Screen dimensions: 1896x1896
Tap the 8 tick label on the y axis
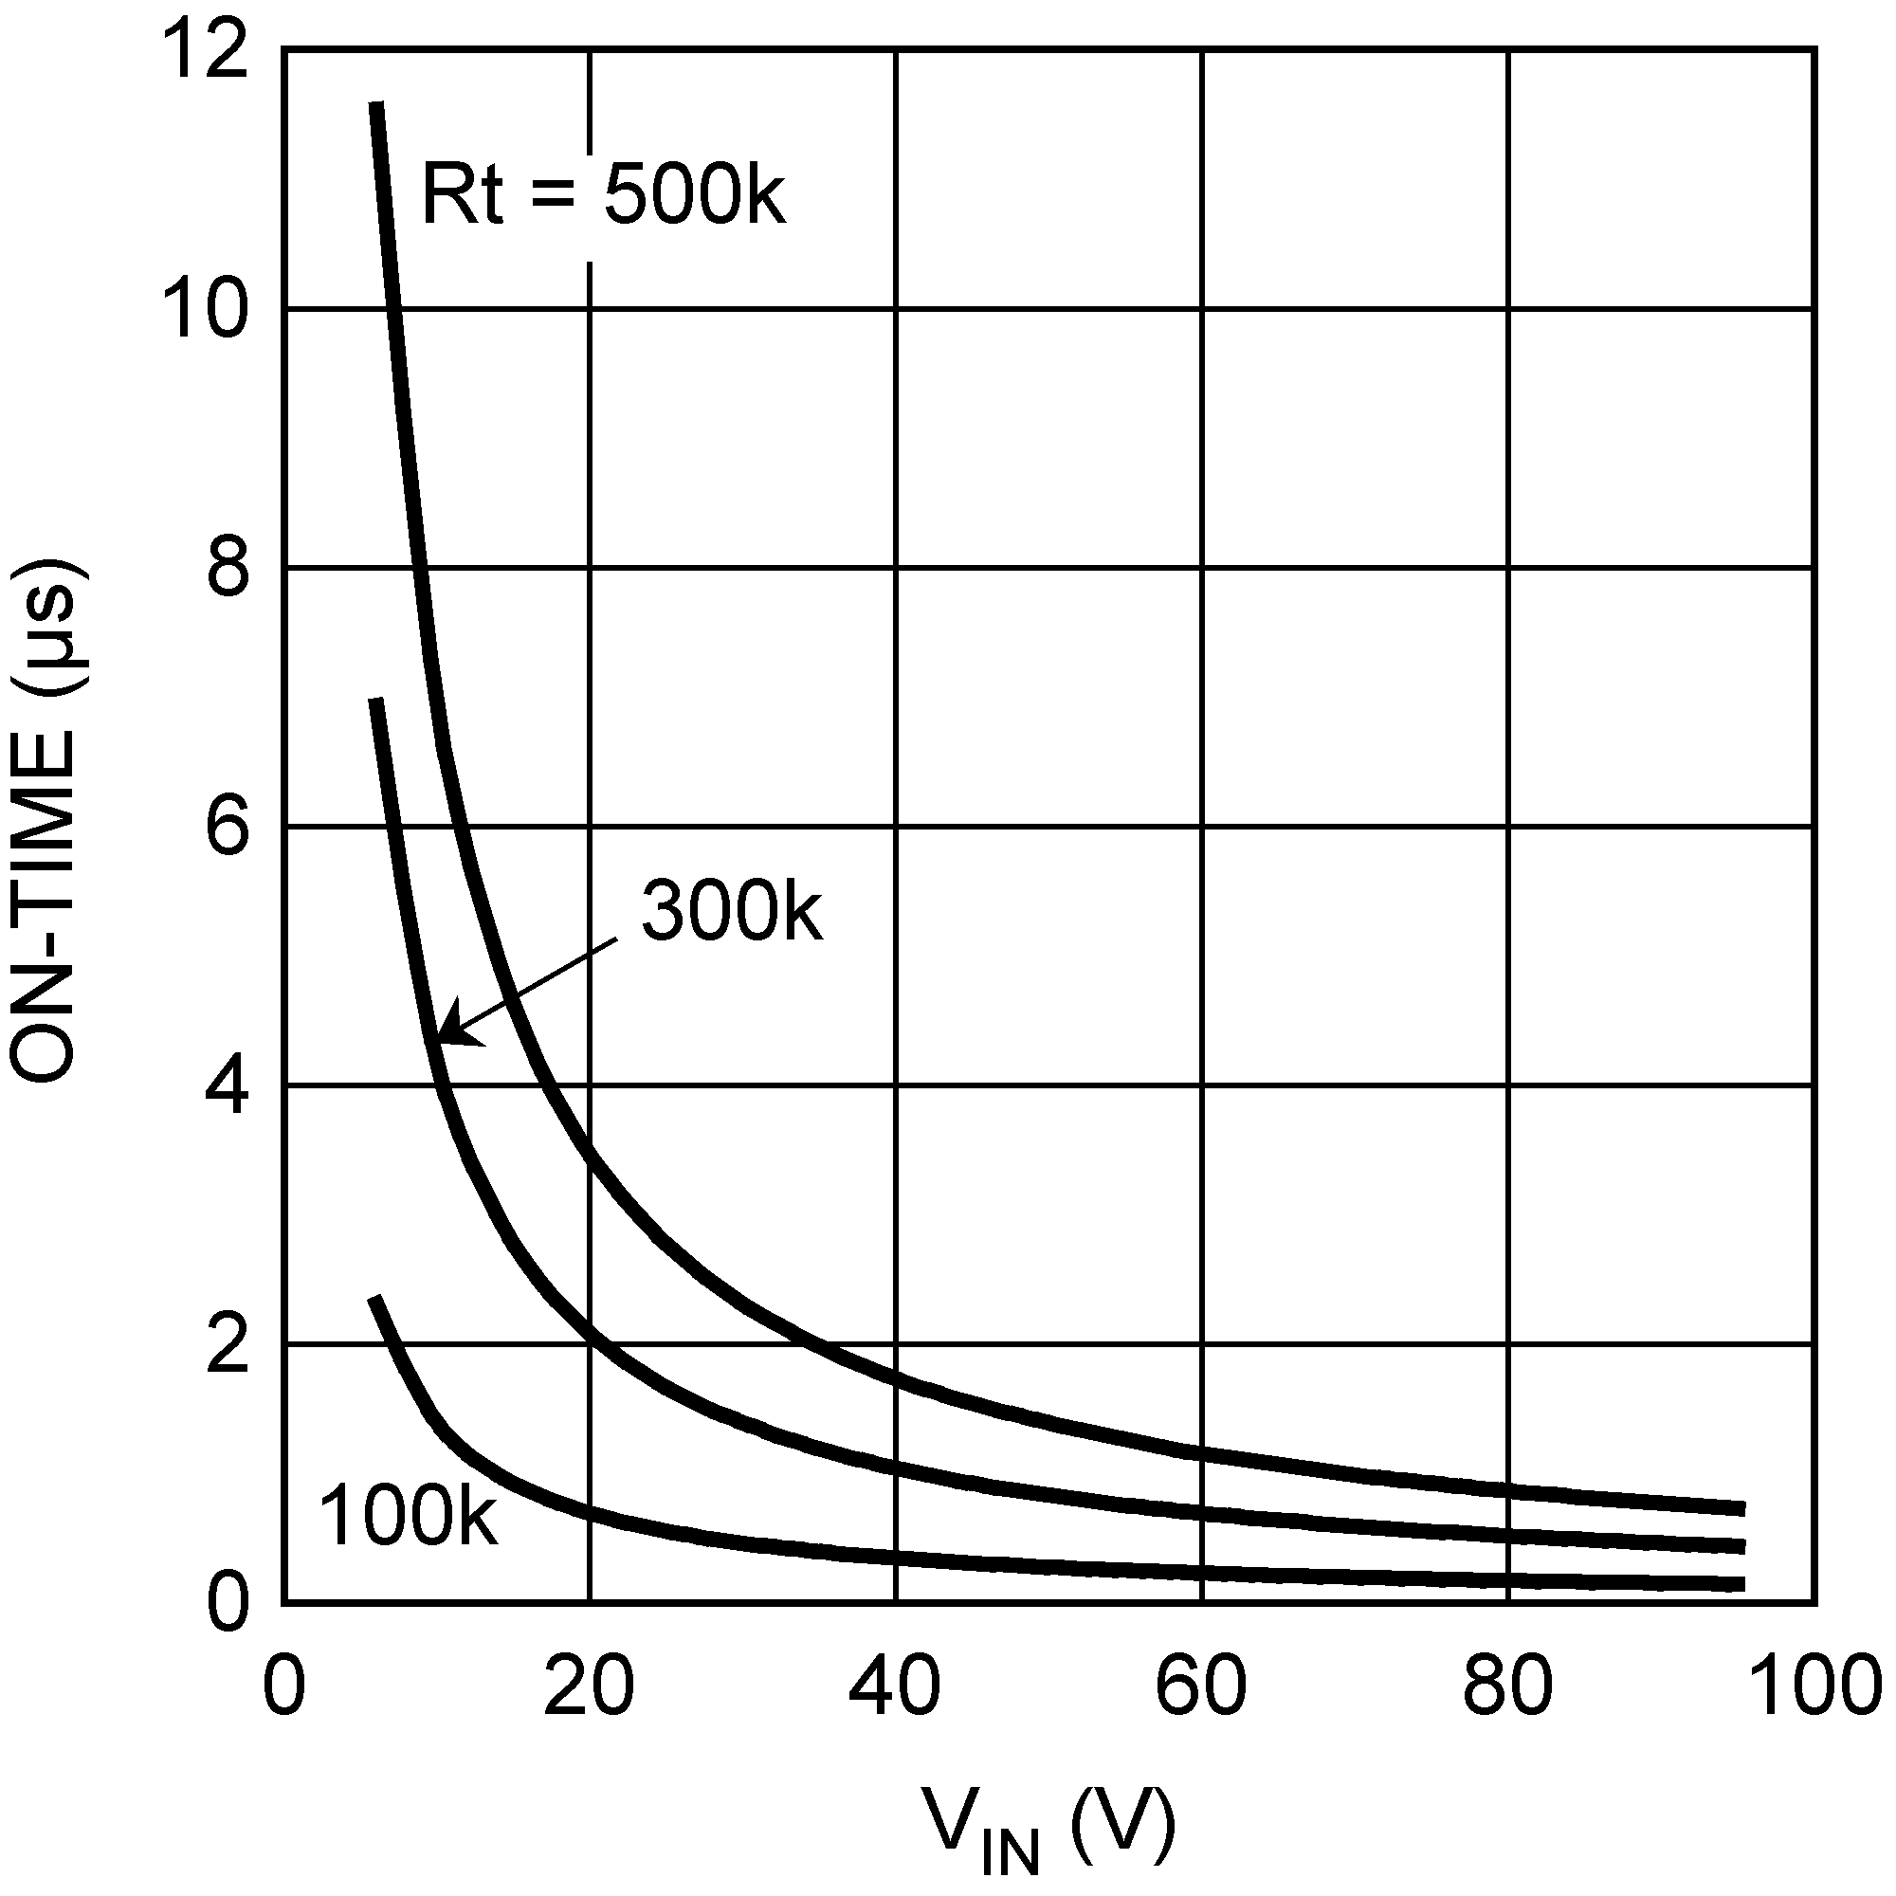click(228, 569)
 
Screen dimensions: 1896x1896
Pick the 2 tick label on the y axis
click(228, 1345)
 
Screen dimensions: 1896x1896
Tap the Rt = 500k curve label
click(603, 194)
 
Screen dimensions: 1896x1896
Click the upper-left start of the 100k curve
click(374, 1300)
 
